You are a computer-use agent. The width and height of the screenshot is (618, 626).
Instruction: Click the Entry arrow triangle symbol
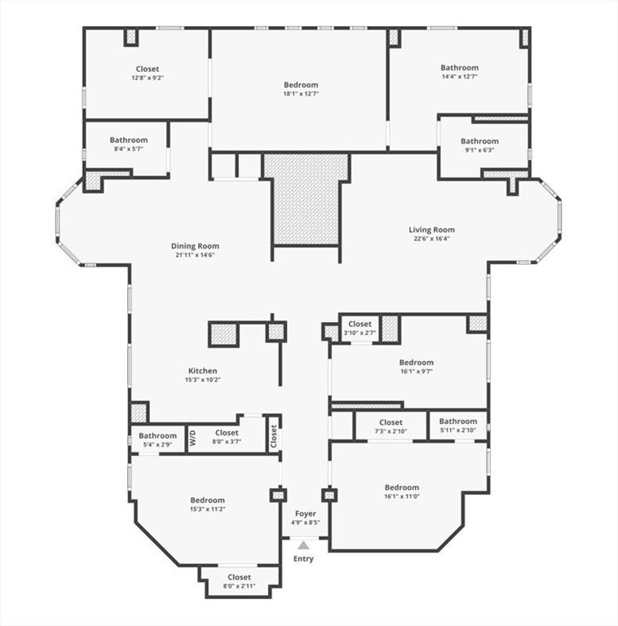[x=303, y=544]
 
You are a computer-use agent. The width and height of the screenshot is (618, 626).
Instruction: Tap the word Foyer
[x=306, y=514]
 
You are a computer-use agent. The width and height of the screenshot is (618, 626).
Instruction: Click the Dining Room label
[x=195, y=246]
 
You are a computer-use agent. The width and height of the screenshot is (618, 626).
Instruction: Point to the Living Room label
[x=431, y=230]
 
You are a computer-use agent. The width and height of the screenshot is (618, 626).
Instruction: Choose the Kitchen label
[x=203, y=371]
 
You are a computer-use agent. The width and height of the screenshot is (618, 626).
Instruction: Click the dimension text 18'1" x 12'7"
[x=301, y=94]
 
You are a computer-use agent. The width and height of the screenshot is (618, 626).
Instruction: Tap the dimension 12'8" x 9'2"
[x=148, y=78]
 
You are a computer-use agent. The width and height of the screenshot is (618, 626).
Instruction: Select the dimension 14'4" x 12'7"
[x=460, y=77]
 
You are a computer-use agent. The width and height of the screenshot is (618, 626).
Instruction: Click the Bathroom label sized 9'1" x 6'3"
[x=479, y=141]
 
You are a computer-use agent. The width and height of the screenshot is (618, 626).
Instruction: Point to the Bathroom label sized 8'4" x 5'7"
[x=129, y=140]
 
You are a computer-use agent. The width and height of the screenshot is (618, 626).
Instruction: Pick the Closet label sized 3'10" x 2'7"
[x=360, y=324]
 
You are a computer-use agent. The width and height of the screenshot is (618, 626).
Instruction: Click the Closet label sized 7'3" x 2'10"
[x=391, y=422]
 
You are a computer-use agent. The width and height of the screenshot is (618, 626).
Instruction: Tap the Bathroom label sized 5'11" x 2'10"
[x=458, y=421]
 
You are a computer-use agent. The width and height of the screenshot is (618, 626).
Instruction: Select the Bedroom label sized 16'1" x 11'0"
[x=402, y=487]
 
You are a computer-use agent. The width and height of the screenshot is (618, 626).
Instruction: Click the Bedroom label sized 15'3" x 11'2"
[x=208, y=500]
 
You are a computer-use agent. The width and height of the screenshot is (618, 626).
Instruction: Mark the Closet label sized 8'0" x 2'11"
[x=240, y=577]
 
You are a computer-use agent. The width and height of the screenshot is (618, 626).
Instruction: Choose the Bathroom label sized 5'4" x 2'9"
[x=157, y=436]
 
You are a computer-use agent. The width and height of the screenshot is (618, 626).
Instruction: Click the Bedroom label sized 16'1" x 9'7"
[x=417, y=362]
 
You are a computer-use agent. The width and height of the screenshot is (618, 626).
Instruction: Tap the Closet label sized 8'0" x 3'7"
[x=227, y=433]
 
